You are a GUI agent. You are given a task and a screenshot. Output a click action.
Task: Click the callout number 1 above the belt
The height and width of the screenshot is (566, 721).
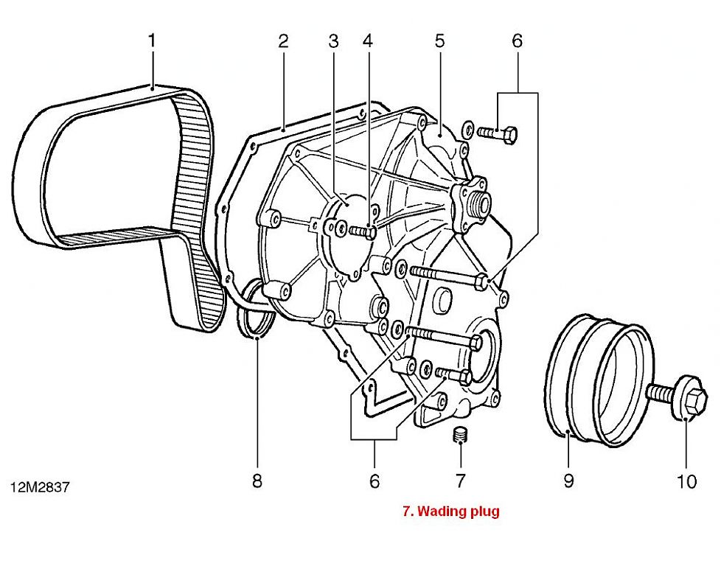[152, 40]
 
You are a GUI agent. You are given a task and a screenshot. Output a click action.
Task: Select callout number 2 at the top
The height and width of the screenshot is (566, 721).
[283, 40]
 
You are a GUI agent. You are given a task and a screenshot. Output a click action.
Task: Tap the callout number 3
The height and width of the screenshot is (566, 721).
[333, 40]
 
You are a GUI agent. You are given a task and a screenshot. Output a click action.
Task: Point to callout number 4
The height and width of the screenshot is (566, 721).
[367, 40]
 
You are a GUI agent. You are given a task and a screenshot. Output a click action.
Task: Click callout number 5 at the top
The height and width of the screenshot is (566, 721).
[440, 40]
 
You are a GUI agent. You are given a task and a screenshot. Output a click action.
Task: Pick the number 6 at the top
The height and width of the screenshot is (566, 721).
[516, 40]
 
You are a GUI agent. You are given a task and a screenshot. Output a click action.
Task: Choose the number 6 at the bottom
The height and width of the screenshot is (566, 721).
[374, 481]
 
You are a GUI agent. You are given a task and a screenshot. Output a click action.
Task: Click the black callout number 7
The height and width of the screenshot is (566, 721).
[460, 481]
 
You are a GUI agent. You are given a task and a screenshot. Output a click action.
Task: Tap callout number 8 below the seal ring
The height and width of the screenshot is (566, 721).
[257, 481]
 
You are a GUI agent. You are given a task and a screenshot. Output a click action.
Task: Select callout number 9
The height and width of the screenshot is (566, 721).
[568, 481]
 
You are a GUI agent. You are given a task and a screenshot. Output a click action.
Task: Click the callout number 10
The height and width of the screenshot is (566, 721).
[686, 481]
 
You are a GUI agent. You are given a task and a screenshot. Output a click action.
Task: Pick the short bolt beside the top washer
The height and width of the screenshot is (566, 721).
[498, 133]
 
